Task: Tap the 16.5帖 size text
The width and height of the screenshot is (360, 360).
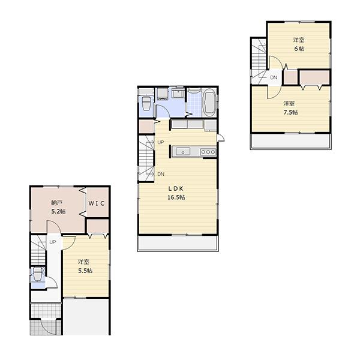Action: coord(176,197)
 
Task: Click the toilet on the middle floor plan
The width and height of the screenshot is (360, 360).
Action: coord(146,104)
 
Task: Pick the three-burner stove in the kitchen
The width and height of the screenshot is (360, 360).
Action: coord(208,152)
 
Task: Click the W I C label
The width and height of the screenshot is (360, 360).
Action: coord(97,203)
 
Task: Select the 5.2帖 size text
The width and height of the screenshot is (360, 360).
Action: coord(58,212)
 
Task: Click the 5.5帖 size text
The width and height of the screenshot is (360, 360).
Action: coord(85,271)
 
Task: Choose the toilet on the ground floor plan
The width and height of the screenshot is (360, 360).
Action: coord(38,276)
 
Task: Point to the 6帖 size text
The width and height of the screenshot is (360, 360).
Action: coord(299,49)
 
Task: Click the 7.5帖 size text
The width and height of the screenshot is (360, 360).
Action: coord(290,112)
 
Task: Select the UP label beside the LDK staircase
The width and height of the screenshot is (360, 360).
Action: coord(160,142)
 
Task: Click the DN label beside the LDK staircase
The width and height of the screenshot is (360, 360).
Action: coord(161,174)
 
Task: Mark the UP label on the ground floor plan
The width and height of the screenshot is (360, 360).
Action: coord(53,242)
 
